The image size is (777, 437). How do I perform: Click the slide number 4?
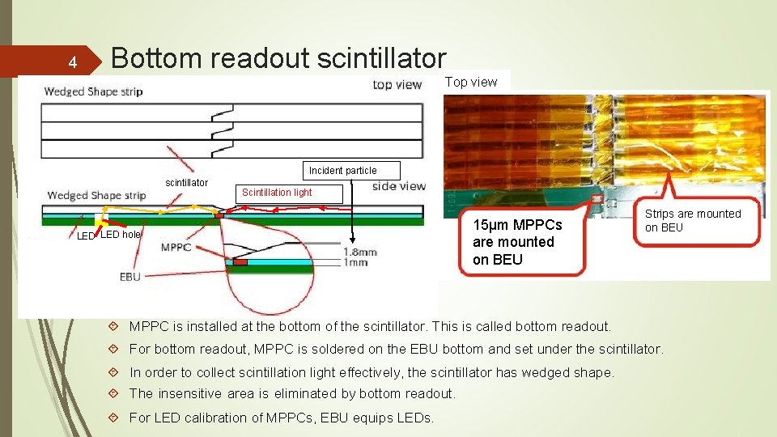[72, 62]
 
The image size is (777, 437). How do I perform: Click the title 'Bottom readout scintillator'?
[278, 57]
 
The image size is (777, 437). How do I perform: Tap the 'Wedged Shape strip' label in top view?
[93, 91]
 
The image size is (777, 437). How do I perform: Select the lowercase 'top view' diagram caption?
[397, 85]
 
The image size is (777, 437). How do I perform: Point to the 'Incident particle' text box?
[342, 171]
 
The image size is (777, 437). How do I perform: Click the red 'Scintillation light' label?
[277, 193]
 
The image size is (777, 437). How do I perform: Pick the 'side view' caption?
[398, 186]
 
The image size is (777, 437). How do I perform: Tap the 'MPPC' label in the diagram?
[176, 247]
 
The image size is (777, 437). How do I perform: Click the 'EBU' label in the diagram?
[129, 277]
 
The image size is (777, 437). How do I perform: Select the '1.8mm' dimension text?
[360, 252]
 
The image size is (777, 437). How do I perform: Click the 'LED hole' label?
[120, 235]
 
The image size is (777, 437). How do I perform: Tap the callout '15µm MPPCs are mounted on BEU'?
[514, 242]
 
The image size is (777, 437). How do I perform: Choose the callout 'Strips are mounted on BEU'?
[692, 220]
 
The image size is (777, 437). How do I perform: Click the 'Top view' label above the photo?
[471, 82]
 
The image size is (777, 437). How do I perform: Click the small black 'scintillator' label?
[186, 183]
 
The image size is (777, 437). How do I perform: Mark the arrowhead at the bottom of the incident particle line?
[353, 240]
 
